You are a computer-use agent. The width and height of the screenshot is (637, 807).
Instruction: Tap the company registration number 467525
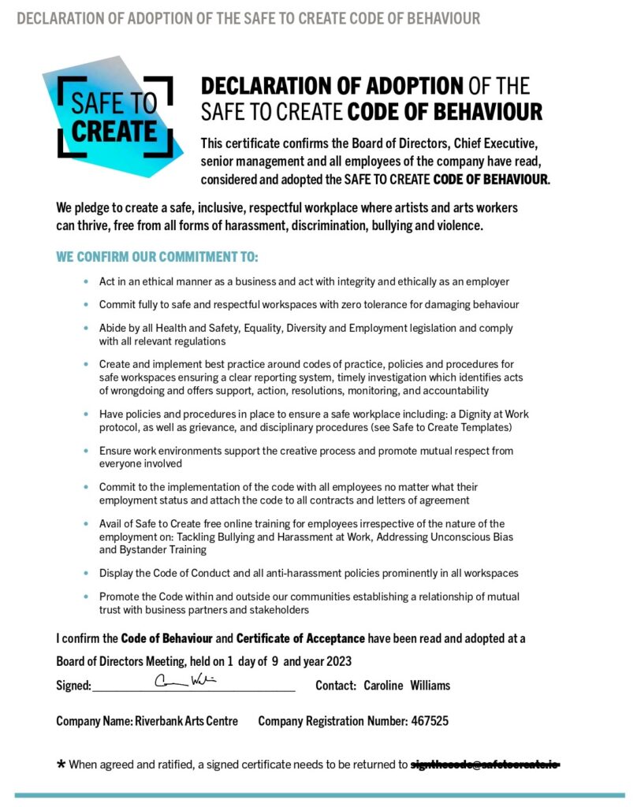pyautogui.click(x=430, y=721)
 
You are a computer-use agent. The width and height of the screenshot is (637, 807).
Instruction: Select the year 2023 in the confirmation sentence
pyautogui.click(x=338, y=661)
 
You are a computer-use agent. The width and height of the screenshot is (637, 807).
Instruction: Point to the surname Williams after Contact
pyautogui.click(x=430, y=686)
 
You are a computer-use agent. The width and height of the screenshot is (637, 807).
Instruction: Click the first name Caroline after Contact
pyautogui.click(x=383, y=686)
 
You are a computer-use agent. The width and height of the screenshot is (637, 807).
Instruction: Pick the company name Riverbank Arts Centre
pyautogui.click(x=186, y=721)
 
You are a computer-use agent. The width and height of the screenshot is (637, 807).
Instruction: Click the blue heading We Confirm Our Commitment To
pyautogui.click(x=157, y=258)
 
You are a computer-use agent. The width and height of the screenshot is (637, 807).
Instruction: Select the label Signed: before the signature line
pyautogui.click(x=73, y=686)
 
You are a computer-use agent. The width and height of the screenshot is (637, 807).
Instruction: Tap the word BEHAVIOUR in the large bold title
pyautogui.click(x=488, y=112)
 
